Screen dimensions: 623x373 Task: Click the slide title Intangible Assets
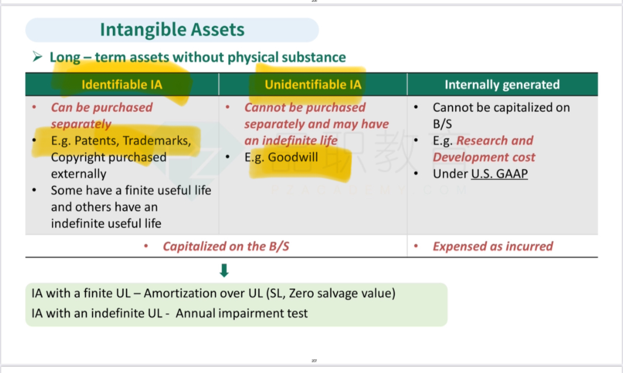click(172, 30)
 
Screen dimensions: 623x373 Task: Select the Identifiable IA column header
click(122, 85)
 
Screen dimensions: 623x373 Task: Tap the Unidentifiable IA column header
click(313, 85)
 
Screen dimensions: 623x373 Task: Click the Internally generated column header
click(502, 85)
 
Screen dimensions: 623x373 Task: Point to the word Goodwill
click(293, 158)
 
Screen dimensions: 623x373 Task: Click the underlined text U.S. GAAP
click(499, 173)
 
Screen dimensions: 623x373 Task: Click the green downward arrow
click(224, 270)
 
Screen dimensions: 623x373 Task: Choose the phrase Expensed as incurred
click(493, 246)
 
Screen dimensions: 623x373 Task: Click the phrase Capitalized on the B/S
click(226, 246)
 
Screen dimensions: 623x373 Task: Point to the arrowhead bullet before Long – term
click(37, 57)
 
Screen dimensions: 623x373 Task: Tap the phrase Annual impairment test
click(242, 313)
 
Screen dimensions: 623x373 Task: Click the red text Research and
click(495, 140)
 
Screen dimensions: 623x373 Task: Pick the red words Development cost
click(484, 158)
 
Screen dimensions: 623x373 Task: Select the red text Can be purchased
click(102, 107)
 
